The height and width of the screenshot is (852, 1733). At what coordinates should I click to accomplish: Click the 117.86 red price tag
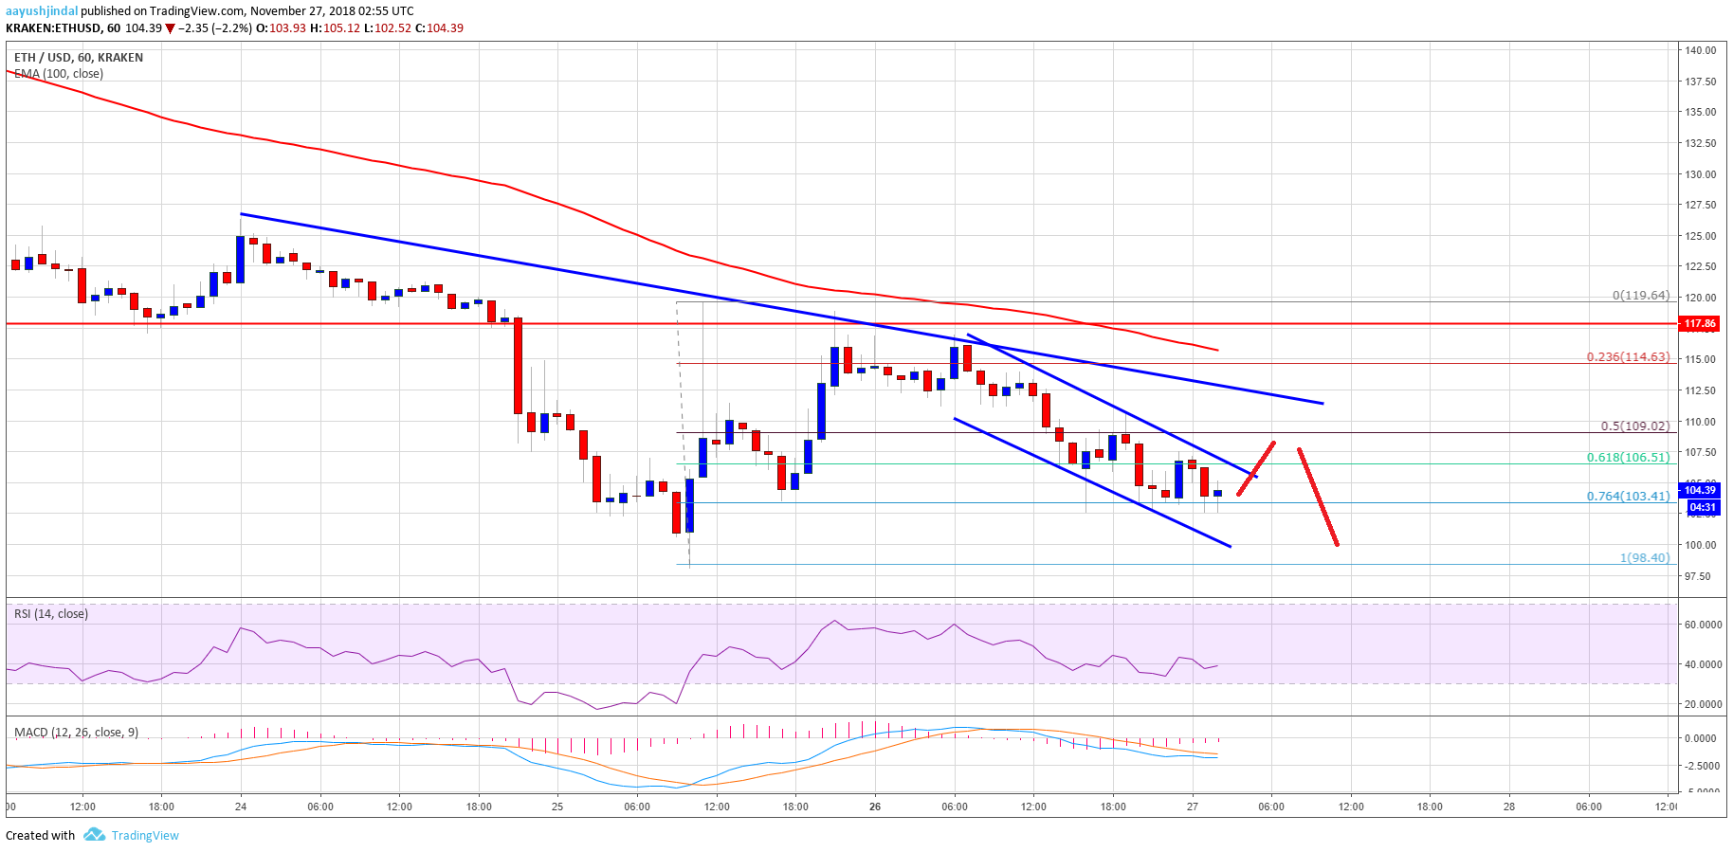pyautogui.click(x=1699, y=324)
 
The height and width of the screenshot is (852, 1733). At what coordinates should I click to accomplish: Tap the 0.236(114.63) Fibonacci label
pyautogui.click(x=1628, y=357)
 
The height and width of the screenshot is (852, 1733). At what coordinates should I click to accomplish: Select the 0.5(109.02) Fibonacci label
pyautogui.click(x=1634, y=426)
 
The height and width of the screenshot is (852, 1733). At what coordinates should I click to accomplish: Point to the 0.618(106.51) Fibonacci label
pyautogui.click(x=1628, y=458)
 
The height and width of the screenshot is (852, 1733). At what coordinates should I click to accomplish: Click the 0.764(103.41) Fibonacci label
pyautogui.click(x=1628, y=497)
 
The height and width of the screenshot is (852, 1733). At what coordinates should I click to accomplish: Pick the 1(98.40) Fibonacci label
pyautogui.click(x=1644, y=558)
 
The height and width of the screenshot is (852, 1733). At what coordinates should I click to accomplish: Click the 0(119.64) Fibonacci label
pyautogui.click(x=1640, y=296)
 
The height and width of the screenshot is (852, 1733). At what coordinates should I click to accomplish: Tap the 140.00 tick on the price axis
pyautogui.click(x=1701, y=50)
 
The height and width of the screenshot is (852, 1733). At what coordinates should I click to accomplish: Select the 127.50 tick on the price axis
pyautogui.click(x=1701, y=205)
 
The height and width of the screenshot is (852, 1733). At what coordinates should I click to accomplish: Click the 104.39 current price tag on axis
pyautogui.click(x=1700, y=490)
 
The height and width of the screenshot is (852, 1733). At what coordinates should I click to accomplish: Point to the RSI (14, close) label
pyautogui.click(x=51, y=614)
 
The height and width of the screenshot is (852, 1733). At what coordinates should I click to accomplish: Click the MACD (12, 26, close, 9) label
pyautogui.click(x=76, y=733)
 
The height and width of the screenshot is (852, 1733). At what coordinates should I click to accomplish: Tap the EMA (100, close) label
pyautogui.click(x=59, y=74)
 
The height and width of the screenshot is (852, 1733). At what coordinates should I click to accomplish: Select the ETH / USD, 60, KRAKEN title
pyautogui.click(x=79, y=58)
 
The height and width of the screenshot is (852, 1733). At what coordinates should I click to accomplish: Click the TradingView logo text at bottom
pyautogui.click(x=145, y=835)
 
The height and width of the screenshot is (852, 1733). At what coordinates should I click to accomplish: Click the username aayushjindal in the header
pyautogui.click(x=42, y=11)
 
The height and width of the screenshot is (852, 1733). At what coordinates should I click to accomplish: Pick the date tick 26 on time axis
pyautogui.click(x=875, y=807)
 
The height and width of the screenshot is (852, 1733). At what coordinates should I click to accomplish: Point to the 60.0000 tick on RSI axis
pyautogui.click(x=1702, y=625)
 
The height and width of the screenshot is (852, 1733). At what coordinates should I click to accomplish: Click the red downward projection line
pyautogui.click(x=1318, y=497)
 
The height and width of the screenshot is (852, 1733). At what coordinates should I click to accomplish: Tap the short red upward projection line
pyautogui.click(x=1256, y=468)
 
